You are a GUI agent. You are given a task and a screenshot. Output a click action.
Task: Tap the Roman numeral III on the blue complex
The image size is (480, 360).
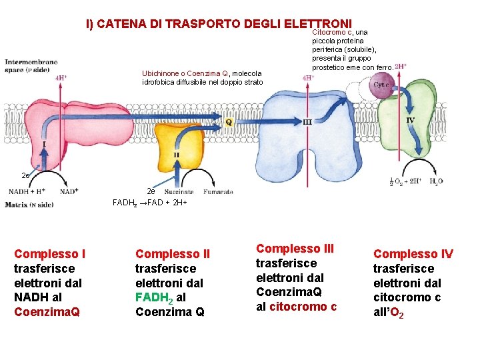(x=307, y=122)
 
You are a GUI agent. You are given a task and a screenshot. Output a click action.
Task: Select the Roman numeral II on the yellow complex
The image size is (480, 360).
(x=176, y=155)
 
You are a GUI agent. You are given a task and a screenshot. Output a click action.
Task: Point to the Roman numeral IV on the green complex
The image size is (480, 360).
(x=411, y=120)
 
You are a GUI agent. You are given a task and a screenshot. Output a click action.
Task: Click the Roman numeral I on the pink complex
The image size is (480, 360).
(x=44, y=143)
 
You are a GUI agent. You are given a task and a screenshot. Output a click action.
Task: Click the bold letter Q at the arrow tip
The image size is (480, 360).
(x=229, y=122)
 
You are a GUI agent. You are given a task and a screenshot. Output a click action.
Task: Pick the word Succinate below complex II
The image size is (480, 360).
(x=179, y=192)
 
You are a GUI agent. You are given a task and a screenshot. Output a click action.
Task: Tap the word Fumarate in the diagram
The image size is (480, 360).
(x=218, y=192)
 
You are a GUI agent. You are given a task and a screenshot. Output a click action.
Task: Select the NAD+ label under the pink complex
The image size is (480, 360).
(x=69, y=191)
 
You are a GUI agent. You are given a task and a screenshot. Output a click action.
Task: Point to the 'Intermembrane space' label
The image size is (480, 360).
(x=31, y=65)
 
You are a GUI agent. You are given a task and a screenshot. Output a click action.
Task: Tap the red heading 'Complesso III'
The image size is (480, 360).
(x=295, y=249)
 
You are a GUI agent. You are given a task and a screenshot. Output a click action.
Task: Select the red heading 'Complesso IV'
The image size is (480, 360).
(x=413, y=254)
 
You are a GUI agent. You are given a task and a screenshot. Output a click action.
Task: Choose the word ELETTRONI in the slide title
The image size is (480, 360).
(x=317, y=24)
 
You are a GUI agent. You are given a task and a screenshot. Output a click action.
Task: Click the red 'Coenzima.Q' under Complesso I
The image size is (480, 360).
(x=47, y=312)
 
